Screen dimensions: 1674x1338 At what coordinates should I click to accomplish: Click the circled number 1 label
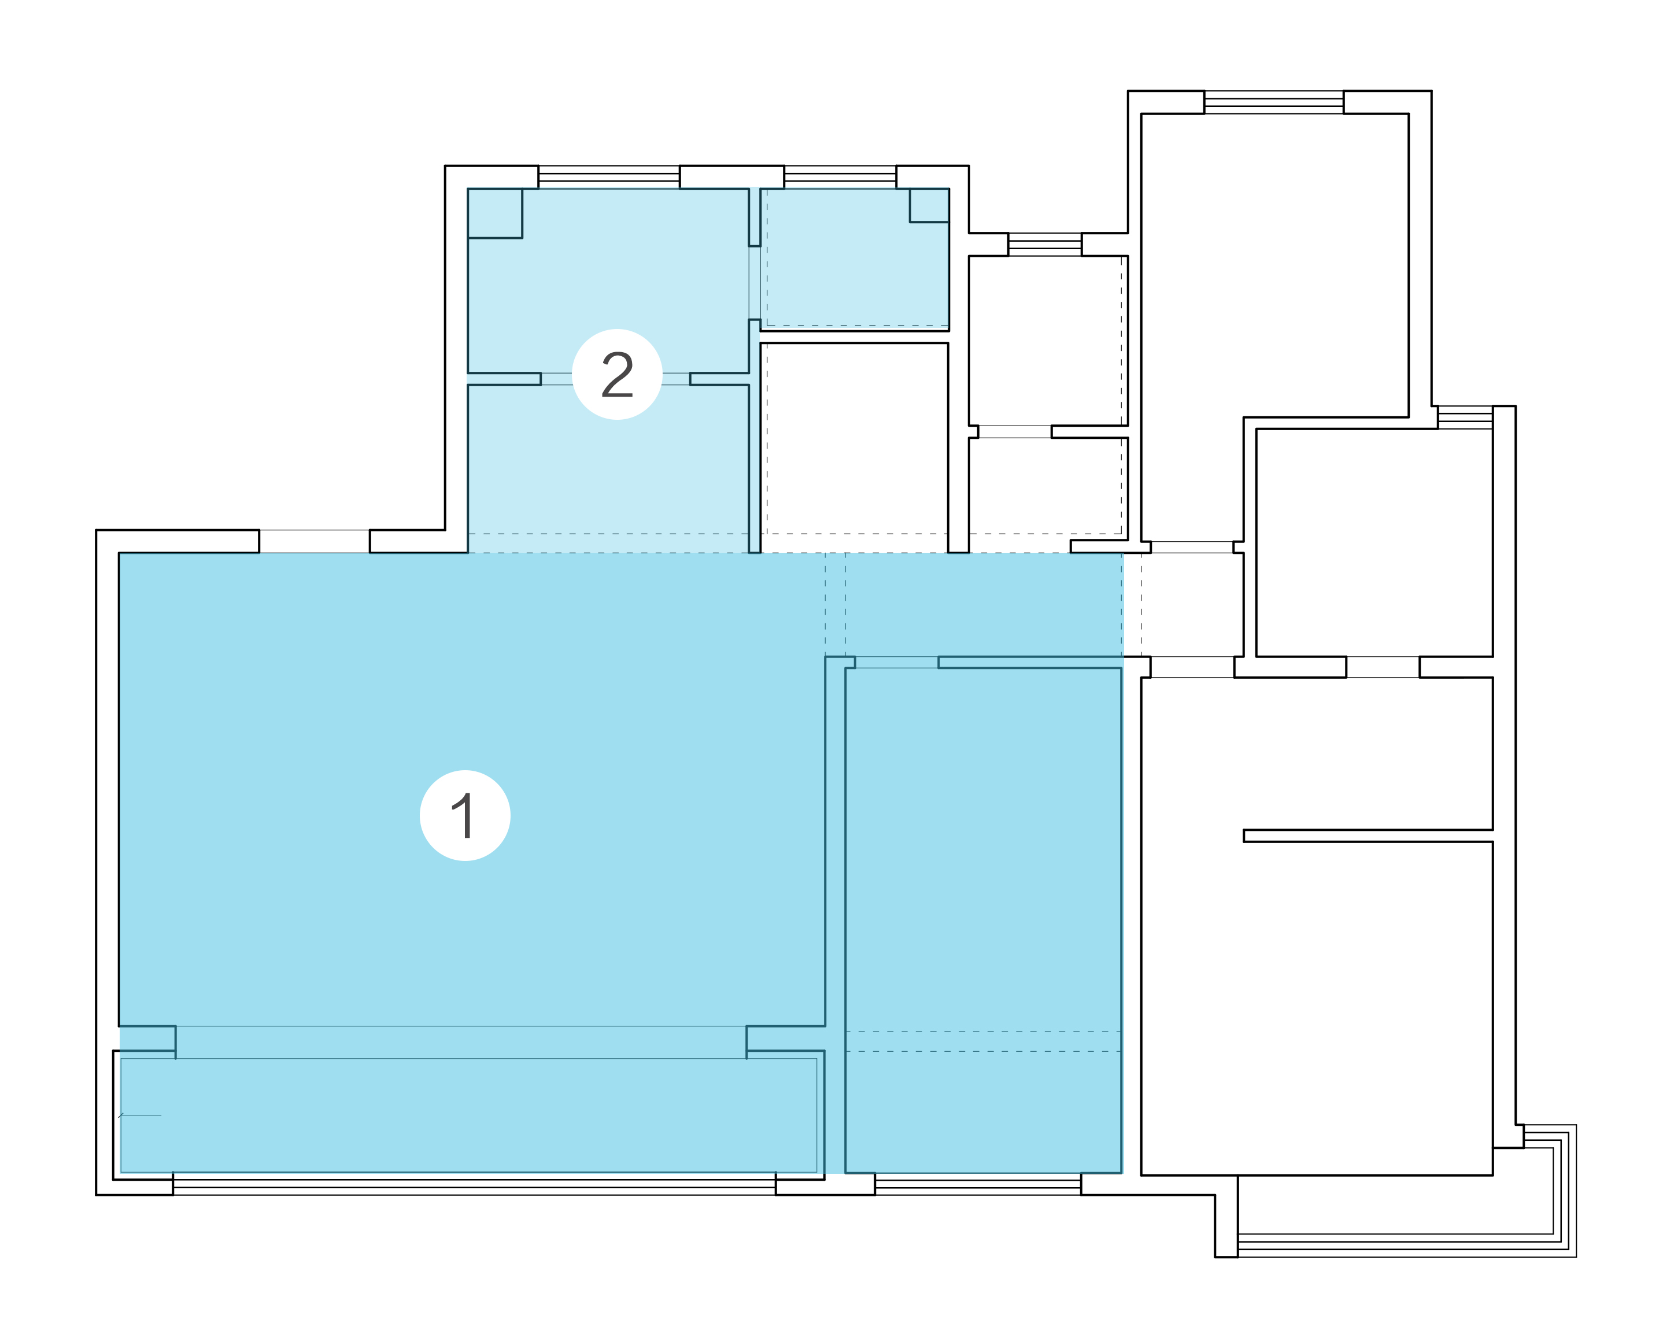coord(465,815)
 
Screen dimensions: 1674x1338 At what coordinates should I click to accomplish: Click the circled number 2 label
coord(617,374)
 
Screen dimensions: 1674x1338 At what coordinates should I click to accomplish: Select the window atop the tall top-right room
coord(1273,102)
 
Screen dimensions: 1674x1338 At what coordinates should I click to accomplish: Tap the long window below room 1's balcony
coord(474,1184)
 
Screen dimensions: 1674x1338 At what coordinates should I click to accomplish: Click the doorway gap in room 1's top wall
coord(315,541)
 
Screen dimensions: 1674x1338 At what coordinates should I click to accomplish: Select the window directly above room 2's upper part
coord(609,177)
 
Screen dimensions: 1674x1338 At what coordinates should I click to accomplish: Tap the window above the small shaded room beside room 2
coord(840,177)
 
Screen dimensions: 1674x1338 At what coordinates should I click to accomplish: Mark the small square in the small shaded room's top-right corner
coord(929,206)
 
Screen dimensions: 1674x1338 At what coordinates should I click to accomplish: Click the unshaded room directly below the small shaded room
coord(854,448)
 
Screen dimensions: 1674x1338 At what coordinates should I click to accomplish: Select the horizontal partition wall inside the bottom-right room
coord(1368,836)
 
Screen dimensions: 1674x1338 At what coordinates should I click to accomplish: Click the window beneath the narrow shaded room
coord(978,1184)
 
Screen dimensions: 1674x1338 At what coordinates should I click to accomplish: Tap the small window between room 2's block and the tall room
coord(1045,245)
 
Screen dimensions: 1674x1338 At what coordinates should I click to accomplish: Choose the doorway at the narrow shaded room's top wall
coord(897,663)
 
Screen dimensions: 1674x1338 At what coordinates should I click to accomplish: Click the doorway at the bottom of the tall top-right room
coord(1192,548)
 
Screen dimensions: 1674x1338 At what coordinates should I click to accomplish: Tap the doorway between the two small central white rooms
coord(1015,432)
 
